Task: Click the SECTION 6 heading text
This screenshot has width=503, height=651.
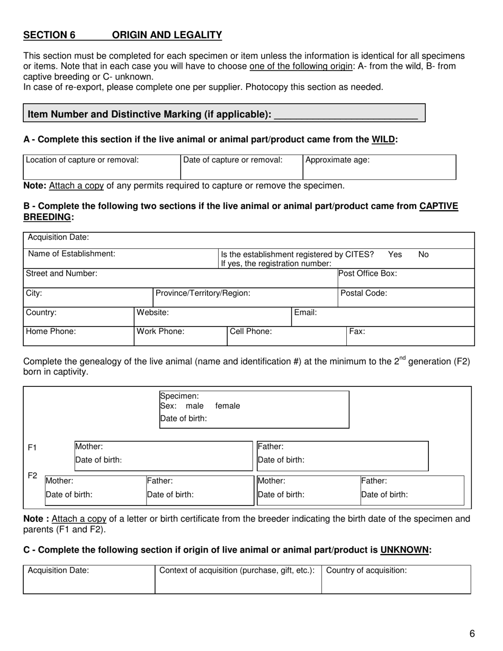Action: [49, 35]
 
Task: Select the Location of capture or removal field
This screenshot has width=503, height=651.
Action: [102, 167]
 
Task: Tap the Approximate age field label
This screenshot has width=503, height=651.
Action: [337, 160]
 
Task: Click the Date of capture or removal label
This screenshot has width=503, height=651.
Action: [233, 160]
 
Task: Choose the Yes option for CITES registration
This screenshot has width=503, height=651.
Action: [395, 255]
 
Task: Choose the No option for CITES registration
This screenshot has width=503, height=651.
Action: [424, 255]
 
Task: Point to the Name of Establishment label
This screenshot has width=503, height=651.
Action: [71, 254]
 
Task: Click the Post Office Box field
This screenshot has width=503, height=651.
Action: [405, 278]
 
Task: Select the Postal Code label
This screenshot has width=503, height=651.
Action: [364, 293]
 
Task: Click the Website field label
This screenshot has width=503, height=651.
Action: [153, 313]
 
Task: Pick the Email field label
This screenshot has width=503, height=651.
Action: [306, 313]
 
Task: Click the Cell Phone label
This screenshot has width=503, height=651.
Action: [251, 332]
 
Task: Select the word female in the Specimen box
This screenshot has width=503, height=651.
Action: [228, 406]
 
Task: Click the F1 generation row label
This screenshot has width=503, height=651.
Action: [32, 448]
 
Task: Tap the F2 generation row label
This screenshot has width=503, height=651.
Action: [32, 476]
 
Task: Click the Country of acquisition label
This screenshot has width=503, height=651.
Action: [366, 571]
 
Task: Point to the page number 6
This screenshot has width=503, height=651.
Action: [472, 634]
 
